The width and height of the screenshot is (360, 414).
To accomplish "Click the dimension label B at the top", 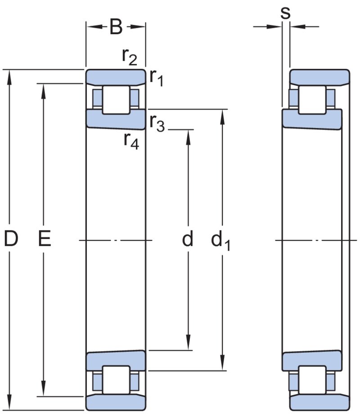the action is point(116,27).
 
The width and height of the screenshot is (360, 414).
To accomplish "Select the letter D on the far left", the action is point(11,238).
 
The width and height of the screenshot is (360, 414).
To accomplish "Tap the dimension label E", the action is point(45,238).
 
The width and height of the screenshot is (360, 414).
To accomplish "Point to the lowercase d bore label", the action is point(188,238).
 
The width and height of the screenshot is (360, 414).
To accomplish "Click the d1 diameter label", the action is point(220,240).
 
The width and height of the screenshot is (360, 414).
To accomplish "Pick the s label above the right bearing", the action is point(285,13).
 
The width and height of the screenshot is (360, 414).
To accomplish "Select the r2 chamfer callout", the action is point(130,57).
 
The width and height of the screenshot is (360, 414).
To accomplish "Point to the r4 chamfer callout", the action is point(131,141).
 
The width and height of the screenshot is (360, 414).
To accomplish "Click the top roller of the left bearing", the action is point(116,100).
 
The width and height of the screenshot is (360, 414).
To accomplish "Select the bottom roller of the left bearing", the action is point(116,380).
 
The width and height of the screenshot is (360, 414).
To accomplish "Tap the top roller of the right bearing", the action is point(312,100).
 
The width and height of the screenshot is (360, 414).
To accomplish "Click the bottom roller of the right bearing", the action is point(312,380).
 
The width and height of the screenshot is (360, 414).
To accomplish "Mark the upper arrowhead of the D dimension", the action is point(9,77).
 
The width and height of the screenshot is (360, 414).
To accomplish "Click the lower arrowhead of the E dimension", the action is point(43,389).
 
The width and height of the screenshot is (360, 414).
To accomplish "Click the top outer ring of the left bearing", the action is point(116,76).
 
